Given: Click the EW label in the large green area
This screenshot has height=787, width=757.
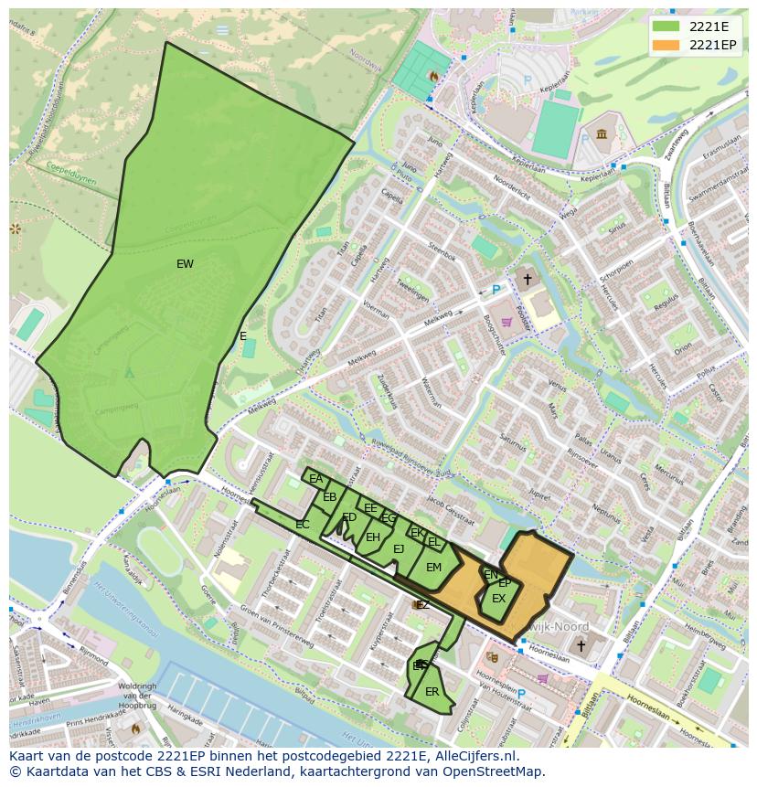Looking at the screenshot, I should (x=185, y=264).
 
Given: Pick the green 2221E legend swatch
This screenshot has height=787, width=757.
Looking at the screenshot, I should (x=666, y=26).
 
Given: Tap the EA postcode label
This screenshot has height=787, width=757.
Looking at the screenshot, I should (x=316, y=479).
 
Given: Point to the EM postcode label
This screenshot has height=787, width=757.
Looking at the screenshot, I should (x=433, y=568).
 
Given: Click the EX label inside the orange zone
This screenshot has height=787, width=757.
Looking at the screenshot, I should (x=498, y=599).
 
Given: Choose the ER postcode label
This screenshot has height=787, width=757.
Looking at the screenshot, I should (x=432, y=692).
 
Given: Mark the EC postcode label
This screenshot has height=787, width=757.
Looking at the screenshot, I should (x=303, y=525).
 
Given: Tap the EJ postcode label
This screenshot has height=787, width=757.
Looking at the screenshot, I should (x=399, y=549).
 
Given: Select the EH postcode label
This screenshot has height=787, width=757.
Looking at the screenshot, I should (x=372, y=537).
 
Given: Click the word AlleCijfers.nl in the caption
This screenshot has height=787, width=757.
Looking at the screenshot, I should (x=474, y=757).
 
